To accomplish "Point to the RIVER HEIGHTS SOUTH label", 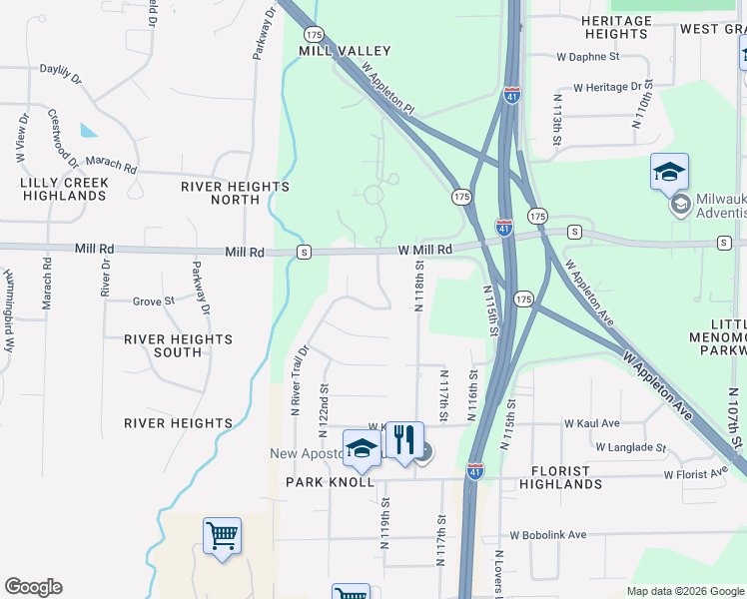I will click(x=179, y=345).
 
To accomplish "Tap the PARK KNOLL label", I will click(x=330, y=482).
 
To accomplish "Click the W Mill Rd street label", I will click(x=425, y=249).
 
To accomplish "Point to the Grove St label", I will click(x=154, y=299).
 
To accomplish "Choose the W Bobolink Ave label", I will click(x=547, y=535).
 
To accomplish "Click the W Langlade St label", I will click(x=630, y=446).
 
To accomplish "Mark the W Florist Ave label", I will click(x=695, y=471).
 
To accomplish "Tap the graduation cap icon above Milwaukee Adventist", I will click(x=669, y=172).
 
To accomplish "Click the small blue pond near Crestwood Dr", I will click(x=89, y=130).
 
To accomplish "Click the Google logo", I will click(x=33, y=587).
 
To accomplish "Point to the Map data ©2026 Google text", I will click(x=684, y=591).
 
